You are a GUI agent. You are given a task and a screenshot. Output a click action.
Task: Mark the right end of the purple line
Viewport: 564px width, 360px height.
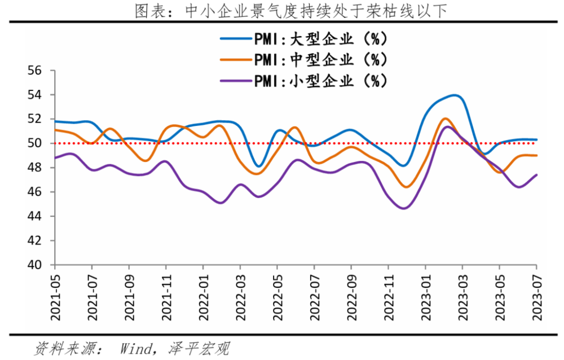pos(536,175)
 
